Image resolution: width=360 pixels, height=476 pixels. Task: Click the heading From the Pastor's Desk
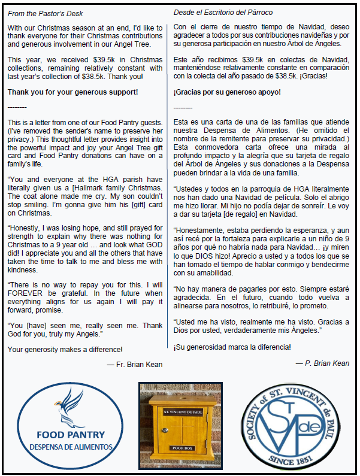tap(46, 13)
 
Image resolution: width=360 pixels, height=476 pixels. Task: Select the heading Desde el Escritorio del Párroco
tap(223, 13)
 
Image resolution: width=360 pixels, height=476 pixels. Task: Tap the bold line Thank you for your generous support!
tap(72, 92)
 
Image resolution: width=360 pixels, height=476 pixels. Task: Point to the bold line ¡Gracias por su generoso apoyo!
tap(226, 92)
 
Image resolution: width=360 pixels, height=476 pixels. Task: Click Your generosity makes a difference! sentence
tap(65, 349)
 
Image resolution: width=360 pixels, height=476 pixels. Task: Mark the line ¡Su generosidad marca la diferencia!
tap(232, 347)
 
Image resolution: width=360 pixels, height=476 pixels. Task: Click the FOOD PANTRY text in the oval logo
tap(70, 435)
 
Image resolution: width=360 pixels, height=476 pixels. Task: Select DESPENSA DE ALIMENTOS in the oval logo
tap(71, 447)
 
